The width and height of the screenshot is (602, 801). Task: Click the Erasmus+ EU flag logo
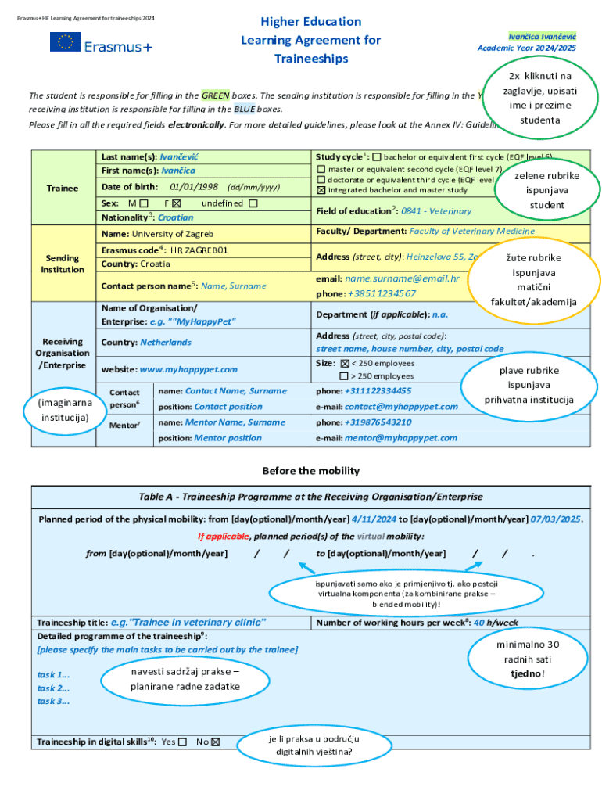(65, 42)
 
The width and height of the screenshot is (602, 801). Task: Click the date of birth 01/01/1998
(193, 187)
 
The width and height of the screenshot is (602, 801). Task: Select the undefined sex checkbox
(253, 203)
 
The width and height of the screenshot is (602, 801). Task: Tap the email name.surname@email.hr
(402, 278)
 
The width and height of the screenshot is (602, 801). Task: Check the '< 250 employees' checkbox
(345, 364)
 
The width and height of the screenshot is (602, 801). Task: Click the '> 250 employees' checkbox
(345, 376)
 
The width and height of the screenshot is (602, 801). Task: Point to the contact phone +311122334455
(378, 390)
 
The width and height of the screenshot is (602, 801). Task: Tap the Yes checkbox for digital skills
(182, 742)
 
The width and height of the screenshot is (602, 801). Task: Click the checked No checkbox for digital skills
(216, 742)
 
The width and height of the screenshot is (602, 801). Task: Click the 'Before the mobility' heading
(310, 471)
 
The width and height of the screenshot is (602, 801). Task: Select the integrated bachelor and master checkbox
(321, 190)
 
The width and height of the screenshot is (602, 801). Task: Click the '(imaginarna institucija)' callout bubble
(65, 410)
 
